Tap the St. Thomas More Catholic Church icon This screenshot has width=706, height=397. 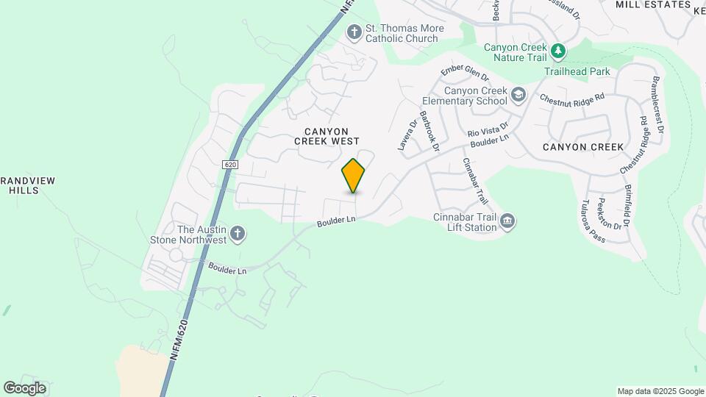[x=354, y=32]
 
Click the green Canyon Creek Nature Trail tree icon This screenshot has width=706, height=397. [x=560, y=51]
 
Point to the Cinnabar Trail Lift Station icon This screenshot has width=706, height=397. [x=507, y=221]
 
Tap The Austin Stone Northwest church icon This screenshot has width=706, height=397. [x=237, y=234]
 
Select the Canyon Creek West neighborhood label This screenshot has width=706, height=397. [x=327, y=135]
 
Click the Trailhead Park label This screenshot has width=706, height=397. [x=577, y=72]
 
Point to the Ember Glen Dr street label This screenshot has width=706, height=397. [x=465, y=73]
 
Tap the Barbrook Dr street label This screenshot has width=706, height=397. [x=429, y=132]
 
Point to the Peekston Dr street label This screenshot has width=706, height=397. [x=611, y=213]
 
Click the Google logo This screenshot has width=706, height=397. [x=24, y=388]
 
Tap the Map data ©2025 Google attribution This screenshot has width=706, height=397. [x=660, y=391]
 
